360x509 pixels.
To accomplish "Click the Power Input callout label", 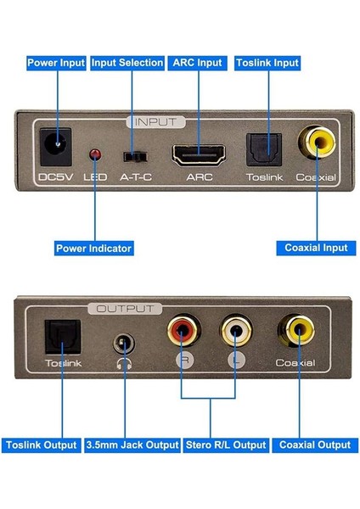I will coord(55,63).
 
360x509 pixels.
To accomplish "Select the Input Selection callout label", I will coord(127,63).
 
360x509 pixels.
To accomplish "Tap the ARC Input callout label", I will coord(197,63).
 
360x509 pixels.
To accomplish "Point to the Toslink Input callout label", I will coord(267,63).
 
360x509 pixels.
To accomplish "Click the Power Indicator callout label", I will coord(93,249).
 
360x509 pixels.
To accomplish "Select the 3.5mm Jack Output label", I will coord(133,445).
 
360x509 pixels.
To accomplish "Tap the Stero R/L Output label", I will coord(226,445).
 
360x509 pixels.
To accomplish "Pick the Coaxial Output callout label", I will coord(314,445).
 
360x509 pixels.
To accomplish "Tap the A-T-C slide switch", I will coord(132,156).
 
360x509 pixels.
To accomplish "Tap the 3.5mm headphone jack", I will coord(125,344).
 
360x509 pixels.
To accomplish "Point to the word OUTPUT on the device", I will coord(125,309).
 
